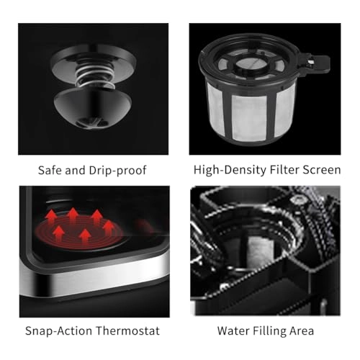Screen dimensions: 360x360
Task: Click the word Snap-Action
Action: tap(60, 330)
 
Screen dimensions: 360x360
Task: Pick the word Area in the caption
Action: tap(300, 330)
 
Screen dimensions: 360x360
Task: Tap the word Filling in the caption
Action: tap(269, 330)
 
